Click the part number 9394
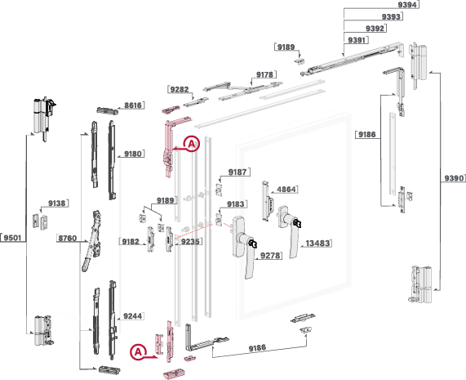click(x=407, y=5)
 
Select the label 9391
click(x=357, y=40)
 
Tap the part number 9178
click(x=264, y=74)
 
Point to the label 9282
click(x=180, y=89)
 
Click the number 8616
click(x=133, y=105)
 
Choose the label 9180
click(x=133, y=154)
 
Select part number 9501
click(x=12, y=238)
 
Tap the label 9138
click(x=57, y=203)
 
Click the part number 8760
click(x=68, y=238)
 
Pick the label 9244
click(x=132, y=316)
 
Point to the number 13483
click(x=317, y=244)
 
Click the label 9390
click(x=454, y=178)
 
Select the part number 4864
click(x=286, y=190)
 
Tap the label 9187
click(x=237, y=172)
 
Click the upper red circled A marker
click(x=192, y=144)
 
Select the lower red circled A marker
click(x=138, y=352)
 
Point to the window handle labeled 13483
click(x=290, y=231)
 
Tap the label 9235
click(x=190, y=241)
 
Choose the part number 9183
click(x=235, y=204)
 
